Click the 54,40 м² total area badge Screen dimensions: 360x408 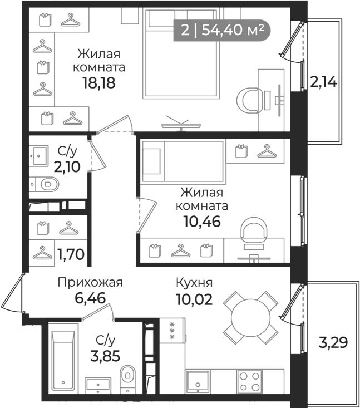click(x=222, y=30)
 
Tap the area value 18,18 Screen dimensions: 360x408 click(x=99, y=83)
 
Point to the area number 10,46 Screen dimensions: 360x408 click(x=202, y=222)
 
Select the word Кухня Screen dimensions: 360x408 click(x=194, y=283)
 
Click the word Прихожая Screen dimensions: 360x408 click(x=90, y=283)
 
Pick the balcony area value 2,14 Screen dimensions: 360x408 click(x=324, y=82)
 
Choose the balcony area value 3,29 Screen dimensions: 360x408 click(x=333, y=342)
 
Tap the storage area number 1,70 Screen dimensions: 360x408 click(x=71, y=254)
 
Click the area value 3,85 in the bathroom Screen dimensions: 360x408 click(x=105, y=356)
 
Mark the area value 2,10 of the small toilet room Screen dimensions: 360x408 click(x=67, y=166)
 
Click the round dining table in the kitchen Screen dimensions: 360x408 click(x=251, y=318)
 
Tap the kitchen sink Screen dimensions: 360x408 click(x=198, y=382)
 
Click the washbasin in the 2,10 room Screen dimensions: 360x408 click(x=38, y=156)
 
